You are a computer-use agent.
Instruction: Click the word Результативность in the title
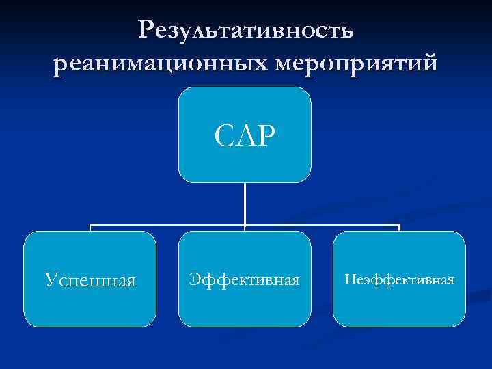click(x=245, y=29)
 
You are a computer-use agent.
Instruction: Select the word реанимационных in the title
click(x=159, y=64)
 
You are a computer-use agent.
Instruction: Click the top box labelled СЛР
click(x=245, y=135)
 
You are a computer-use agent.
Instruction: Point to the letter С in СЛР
click(x=223, y=136)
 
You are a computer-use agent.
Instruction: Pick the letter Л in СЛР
click(x=244, y=136)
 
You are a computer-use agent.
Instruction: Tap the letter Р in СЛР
click(x=266, y=136)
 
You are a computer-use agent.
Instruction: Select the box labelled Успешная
click(x=90, y=279)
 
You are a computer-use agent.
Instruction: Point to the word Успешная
click(x=90, y=280)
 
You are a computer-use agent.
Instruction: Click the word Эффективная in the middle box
click(x=245, y=279)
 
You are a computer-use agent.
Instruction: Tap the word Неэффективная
click(x=400, y=279)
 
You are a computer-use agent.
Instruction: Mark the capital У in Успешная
click(x=50, y=280)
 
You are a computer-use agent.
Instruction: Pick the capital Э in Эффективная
click(x=195, y=279)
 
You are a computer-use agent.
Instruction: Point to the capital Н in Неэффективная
click(x=350, y=279)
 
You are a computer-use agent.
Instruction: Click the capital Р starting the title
click(x=145, y=29)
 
